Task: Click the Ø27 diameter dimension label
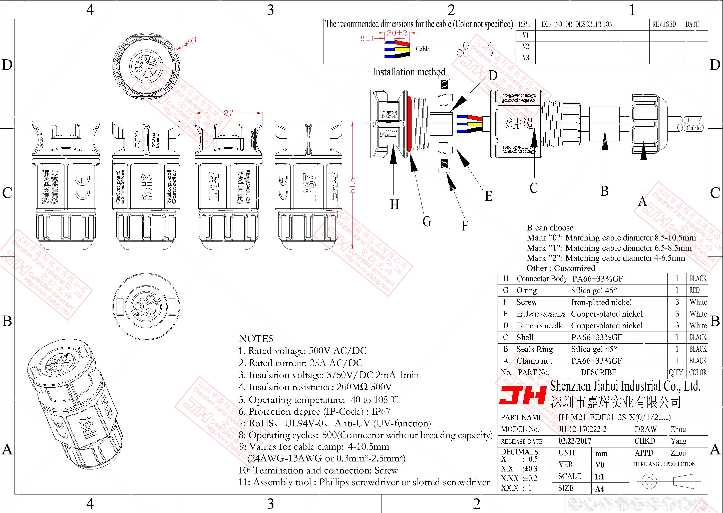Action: (190, 42)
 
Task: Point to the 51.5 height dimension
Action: (353, 185)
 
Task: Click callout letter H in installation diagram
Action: (394, 205)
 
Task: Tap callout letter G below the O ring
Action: (427, 222)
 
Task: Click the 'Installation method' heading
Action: (409, 72)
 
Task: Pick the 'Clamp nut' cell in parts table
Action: (534, 361)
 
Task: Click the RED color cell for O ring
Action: (694, 290)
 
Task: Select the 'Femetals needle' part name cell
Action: (540, 326)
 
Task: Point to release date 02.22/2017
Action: (575, 441)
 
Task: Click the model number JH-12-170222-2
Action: (582, 429)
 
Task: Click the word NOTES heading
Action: (256, 339)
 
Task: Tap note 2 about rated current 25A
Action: (300, 363)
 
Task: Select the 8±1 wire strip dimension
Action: (367, 39)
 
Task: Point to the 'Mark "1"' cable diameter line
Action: (609, 248)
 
